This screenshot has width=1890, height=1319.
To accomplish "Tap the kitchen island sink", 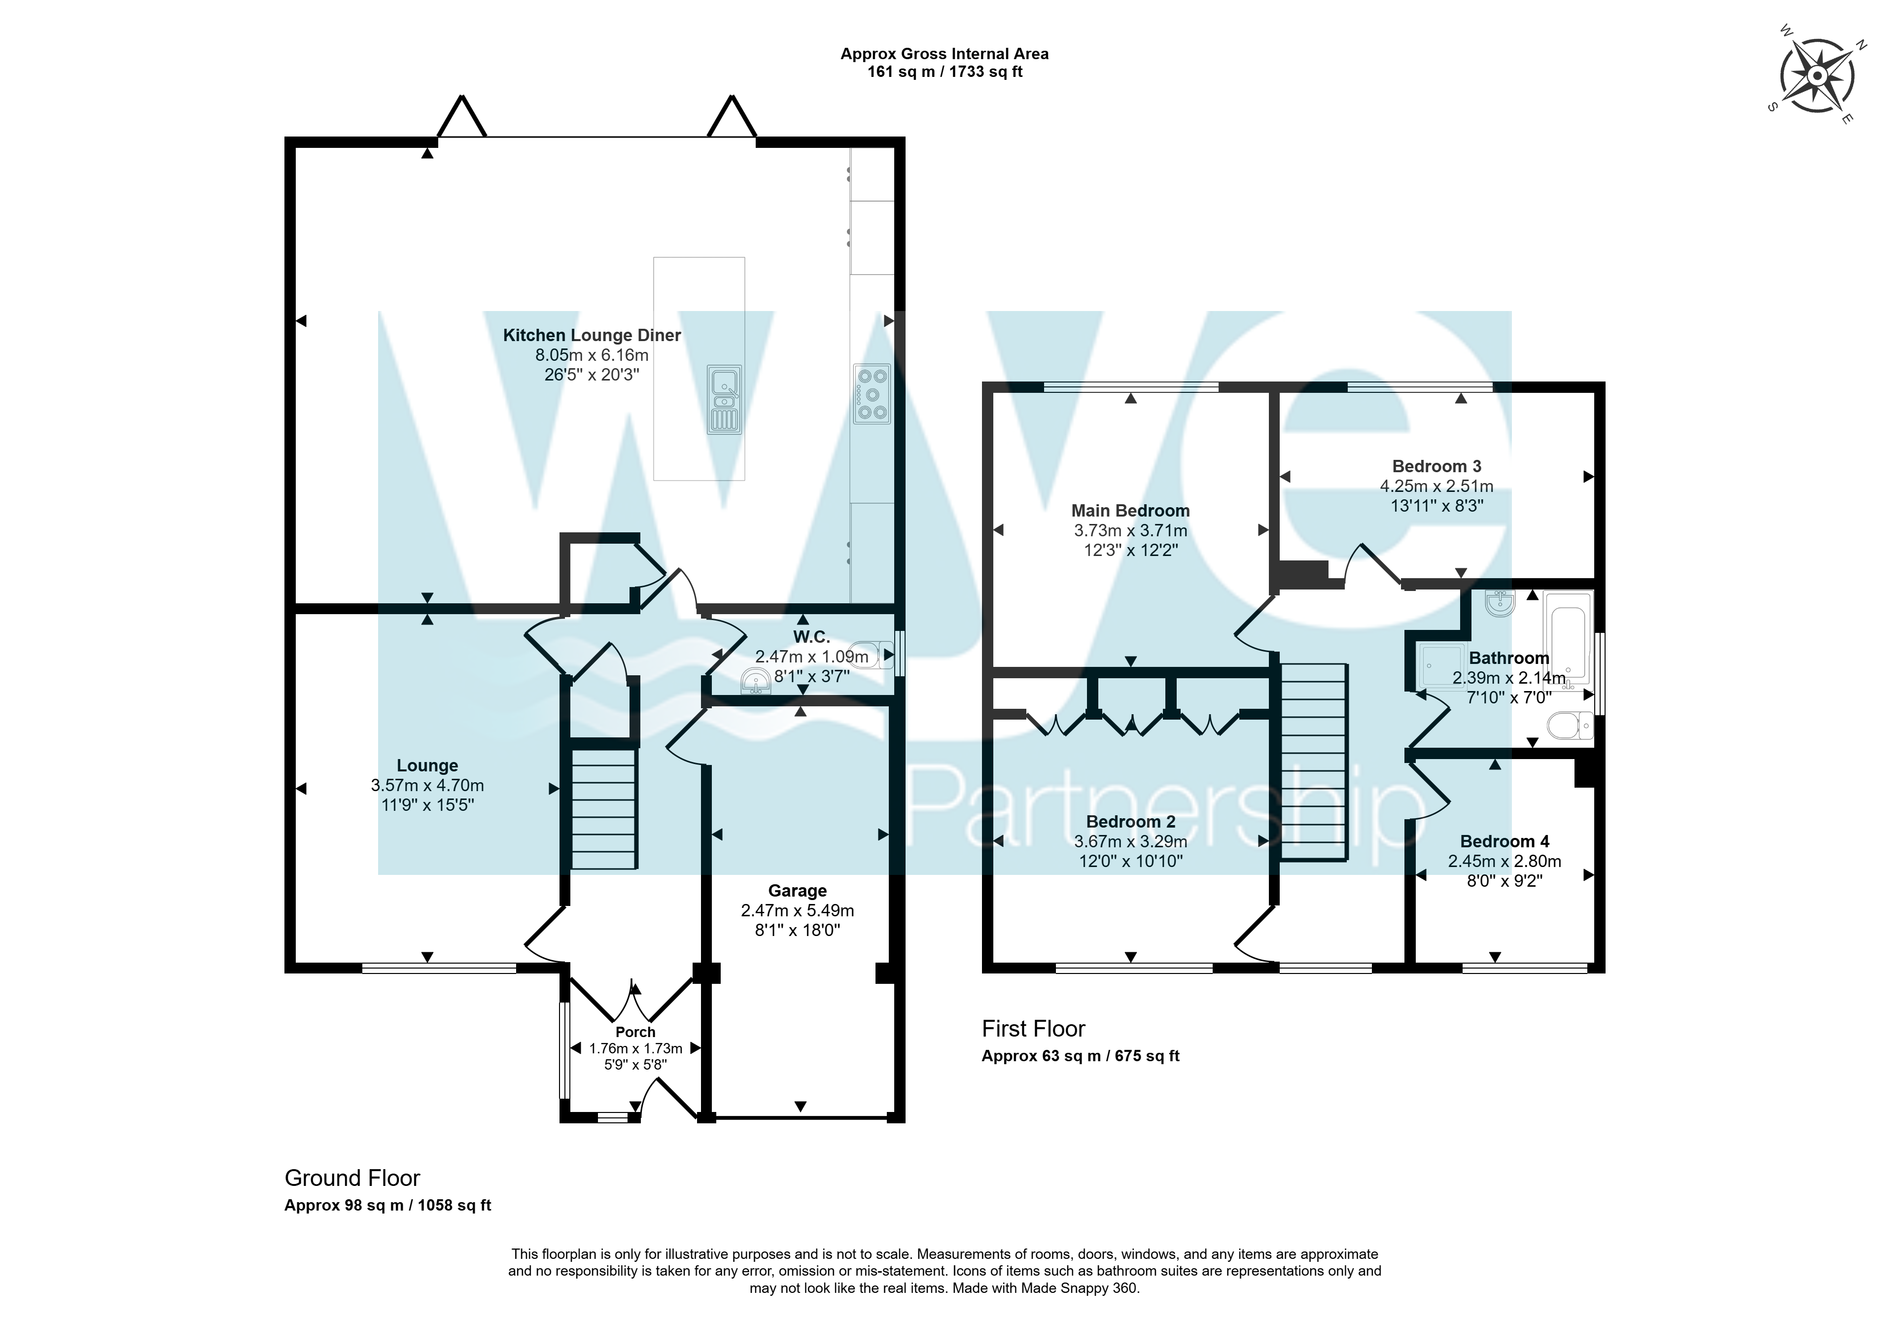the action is coord(724,399).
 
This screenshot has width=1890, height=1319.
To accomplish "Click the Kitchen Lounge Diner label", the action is coord(592,335).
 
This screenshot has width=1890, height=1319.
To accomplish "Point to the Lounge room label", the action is coord(427,765).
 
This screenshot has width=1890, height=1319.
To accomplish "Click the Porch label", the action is coord(635,1032).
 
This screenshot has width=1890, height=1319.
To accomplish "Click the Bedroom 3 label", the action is coord(1436,467).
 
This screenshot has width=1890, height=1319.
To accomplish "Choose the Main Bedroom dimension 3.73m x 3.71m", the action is coord(1130,531).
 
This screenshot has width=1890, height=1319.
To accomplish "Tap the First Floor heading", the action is coord(1033,1029).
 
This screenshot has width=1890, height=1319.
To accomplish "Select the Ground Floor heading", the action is coord(352,1179).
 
